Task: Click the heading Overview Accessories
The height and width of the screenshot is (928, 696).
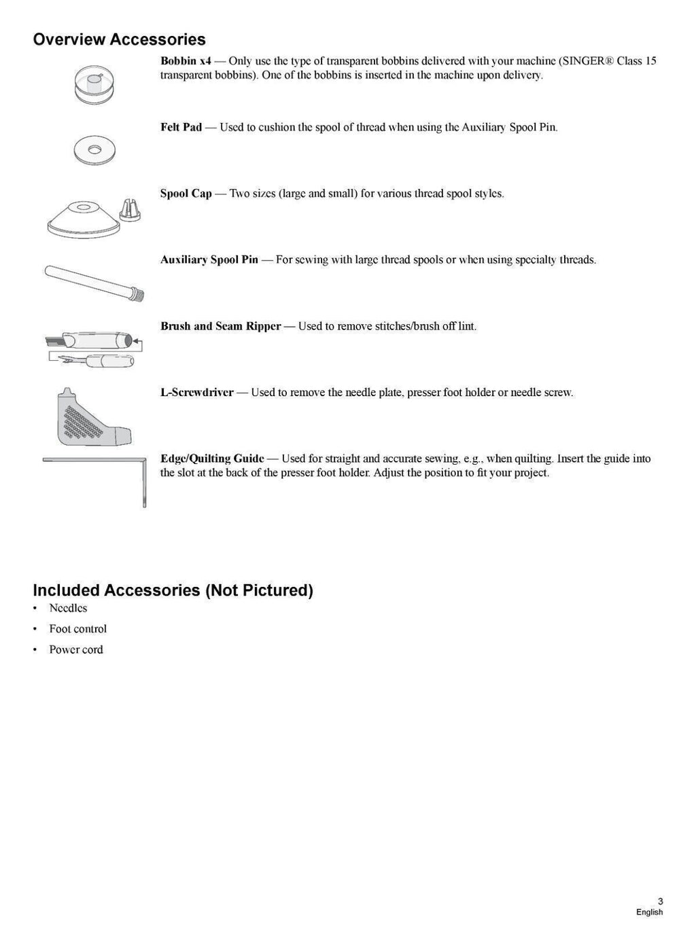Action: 119,39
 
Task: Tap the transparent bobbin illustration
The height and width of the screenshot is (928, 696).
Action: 94,85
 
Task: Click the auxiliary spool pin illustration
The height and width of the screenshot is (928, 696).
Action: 94,283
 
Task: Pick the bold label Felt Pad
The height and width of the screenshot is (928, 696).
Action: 181,127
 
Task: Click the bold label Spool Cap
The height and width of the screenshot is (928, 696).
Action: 186,194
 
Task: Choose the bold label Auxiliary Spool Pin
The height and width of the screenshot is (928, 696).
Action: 209,260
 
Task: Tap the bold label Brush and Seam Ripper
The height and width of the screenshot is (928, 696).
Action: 220,326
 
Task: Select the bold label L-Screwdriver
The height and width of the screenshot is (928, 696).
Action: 196,393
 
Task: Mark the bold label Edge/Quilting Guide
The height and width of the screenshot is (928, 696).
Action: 212,459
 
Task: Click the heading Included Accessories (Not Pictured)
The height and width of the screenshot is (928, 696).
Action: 173,590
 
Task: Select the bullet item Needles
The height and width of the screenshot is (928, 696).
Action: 68,608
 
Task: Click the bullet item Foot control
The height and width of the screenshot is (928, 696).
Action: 77,629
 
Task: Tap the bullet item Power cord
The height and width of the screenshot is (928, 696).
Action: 76,649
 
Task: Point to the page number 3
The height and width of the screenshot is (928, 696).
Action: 660,901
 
